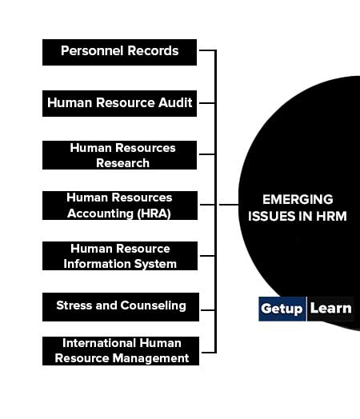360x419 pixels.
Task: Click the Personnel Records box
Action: pyautogui.click(x=119, y=53)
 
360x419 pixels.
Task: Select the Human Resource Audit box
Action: pyautogui.click(x=119, y=103)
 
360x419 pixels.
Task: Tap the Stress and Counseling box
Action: pyautogui.click(x=121, y=307)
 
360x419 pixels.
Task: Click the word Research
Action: pyautogui.click(x=122, y=163)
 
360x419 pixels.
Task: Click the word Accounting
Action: pyautogui.click(x=100, y=213)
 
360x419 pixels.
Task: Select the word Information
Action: pyautogui.click(x=98, y=264)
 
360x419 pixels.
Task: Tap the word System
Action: pyautogui.click(x=155, y=264)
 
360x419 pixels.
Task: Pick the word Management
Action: pyautogui.click(x=150, y=358)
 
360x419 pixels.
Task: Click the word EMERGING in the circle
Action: pyautogui.click(x=298, y=199)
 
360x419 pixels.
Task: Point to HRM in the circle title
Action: pyautogui.click(x=331, y=216)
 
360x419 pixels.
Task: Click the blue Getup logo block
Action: pyautogui.click(x=282, y=309)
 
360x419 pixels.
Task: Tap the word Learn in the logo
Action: pyautogui.click(x=330, y=309)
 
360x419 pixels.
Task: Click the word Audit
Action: pyautogui.click(x=175, y=102)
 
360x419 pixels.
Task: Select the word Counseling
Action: pyautogui.click(x=153, y=305)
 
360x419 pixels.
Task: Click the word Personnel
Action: pyautogui.click(x=89, y=50)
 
